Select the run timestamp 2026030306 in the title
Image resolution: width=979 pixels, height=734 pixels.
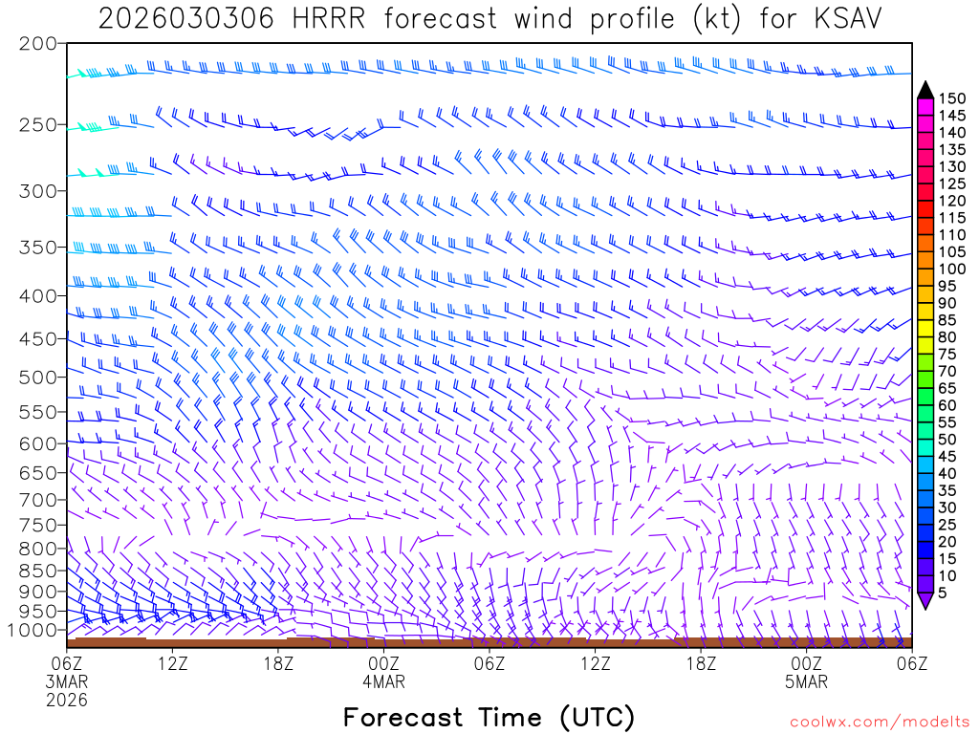tap(182, 18)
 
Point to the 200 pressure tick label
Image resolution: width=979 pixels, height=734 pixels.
tap(37, 44)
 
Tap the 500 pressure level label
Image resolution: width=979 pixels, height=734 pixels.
tap(37, 377)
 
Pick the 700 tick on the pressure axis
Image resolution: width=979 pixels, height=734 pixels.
tap(37, 499)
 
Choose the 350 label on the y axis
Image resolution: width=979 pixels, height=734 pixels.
tap(37, 247)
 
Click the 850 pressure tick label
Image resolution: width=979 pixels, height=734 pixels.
tap(37, 571)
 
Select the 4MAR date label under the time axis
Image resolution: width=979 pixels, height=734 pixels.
tap(383, 682)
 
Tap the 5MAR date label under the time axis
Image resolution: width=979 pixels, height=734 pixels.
tap(806, 682)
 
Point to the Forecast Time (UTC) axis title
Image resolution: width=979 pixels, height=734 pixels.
tap(489, 717)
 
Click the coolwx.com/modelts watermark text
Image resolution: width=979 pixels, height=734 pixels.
tap(878, 722)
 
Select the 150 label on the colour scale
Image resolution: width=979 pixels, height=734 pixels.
tap(952, 97)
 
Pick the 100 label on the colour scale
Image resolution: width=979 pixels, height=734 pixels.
tap(952, 269)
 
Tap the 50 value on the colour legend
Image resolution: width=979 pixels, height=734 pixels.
tap(948, 439)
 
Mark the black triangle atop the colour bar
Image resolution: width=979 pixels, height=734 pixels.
tap(925, 89)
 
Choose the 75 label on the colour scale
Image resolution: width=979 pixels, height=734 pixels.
tap(948, 354)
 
